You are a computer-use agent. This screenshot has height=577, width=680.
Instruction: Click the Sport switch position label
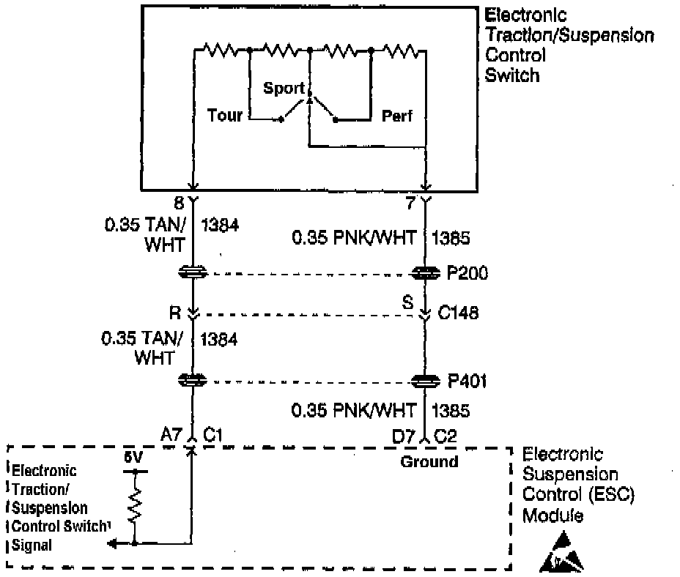(284, 89)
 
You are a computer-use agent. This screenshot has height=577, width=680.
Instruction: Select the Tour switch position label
(224, 115)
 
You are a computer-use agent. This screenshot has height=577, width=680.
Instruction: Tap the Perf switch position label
(398, 116)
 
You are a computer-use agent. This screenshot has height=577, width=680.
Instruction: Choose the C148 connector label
(459, 313)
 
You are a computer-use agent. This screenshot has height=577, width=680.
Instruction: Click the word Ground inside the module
(429, 461)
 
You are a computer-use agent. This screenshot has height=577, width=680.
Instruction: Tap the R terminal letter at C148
(175, 313)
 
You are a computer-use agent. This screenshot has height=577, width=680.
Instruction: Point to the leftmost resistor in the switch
(218, 51)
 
